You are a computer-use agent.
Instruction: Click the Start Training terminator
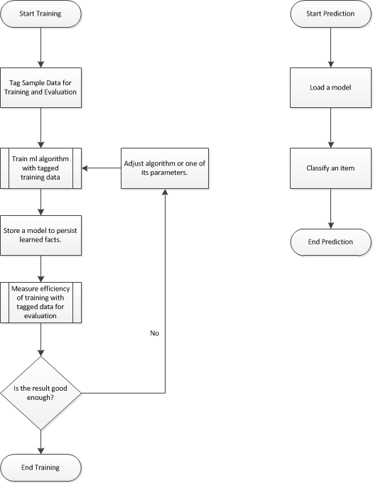[40, 14]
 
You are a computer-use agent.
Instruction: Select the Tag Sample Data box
[40, 88]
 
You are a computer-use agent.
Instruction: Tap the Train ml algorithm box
[40, 168]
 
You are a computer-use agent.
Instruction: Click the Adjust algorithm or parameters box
[165, 168]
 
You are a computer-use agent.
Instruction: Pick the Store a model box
[40, 235]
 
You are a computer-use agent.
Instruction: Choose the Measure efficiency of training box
[40, 303]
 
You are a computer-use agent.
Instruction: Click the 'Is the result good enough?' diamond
[40, 393]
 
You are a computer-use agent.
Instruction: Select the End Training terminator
[40, 467]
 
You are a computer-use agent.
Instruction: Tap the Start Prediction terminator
[331, 14]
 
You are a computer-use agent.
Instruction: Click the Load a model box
[331, 88]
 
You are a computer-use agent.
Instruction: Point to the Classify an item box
[331, 168]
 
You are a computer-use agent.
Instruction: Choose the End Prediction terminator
[331, 242]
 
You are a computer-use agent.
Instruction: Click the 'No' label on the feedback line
[155, 333]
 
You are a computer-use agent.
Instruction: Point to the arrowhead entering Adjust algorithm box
[165, 192]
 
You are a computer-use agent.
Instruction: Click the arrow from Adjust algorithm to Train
[102, 168]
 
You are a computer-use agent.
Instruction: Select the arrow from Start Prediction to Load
[331, 48]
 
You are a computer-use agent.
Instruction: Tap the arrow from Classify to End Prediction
[331, 209]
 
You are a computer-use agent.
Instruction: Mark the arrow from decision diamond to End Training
[40, 442]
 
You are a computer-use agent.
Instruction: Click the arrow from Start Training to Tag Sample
[40, 48]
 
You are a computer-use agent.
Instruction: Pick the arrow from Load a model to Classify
[331, 128]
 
